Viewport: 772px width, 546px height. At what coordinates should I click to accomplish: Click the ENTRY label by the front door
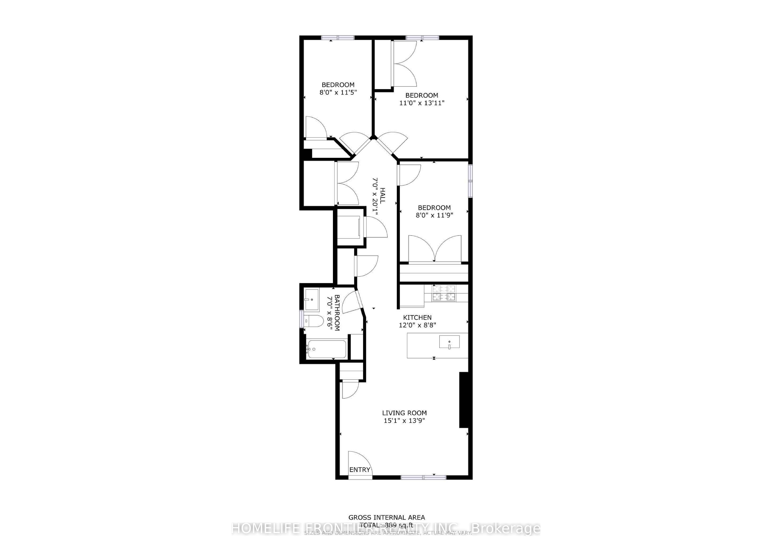(x=359, y=470)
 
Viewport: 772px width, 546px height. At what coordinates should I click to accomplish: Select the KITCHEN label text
(x=417, y=317)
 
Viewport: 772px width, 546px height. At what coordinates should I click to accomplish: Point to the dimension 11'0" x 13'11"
(x=422, y=103)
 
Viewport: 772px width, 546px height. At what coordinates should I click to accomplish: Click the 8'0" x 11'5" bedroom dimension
(x=338, y=92)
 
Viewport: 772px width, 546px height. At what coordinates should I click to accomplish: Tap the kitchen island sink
(x=449, y=342)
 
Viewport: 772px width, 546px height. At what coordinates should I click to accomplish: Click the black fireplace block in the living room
(x=464, y=400)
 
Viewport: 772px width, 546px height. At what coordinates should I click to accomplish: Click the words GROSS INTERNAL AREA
(x=386, y=518)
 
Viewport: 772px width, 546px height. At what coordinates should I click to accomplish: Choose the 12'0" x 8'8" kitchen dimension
(x=417, y=325)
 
